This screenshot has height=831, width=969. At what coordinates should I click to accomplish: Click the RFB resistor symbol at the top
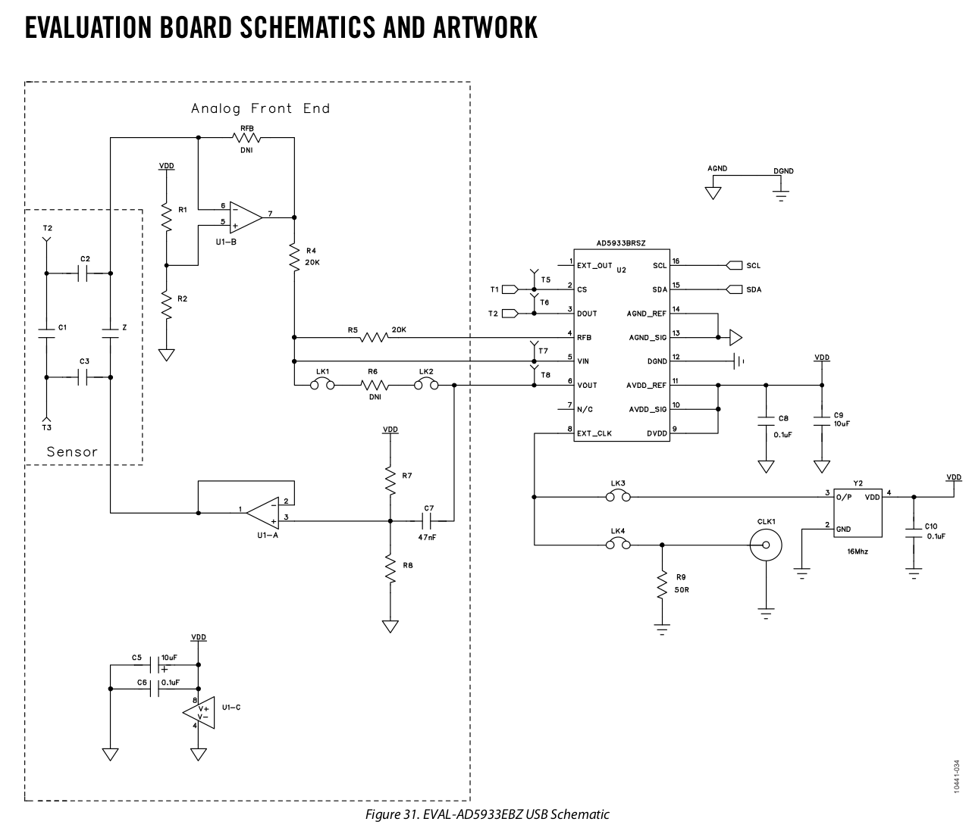pyautogui.click(x=246, y=138)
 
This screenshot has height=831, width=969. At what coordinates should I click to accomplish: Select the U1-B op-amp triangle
pyautogui.click(x=245, y=217)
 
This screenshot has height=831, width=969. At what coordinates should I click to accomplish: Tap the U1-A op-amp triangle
pyautogui.click(x=263, y=513)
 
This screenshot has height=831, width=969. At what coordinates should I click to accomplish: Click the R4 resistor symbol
pyautogui.click(x=294, y=257)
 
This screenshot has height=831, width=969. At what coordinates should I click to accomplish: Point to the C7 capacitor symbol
pyautogui.click(x=428, y=520)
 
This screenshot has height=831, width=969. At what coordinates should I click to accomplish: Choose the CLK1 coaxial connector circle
pyautogui.click(x=766, y=545)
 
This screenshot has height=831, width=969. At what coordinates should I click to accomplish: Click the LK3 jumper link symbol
pyautogui.click(x=618, y=495)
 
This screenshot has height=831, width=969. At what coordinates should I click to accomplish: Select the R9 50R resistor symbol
pyautogui.click(x=662, y=583)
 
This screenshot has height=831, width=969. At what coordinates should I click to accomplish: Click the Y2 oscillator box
pyautogui.click(x=858, y=513)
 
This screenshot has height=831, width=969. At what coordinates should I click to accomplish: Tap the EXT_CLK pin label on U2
pyautogui.click(x=594, y=433)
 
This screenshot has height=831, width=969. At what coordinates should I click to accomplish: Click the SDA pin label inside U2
pyautogui.click(x=660, y=289)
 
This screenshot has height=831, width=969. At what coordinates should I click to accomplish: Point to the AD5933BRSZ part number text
pyautogui.click(x=621, y=243)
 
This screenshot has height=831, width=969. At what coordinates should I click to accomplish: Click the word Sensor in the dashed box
pyautogui.click(x=72, y=451)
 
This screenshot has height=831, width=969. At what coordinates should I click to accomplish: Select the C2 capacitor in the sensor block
pyautogui.click(x=83, y=273)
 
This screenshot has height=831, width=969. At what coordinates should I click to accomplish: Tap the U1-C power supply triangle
pyautogui.click(x=199, y=713)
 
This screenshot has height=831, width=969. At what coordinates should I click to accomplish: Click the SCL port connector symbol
pyautogui.click(x=734, y=265)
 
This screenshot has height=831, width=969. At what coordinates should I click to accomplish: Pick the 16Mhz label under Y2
pyautogui.click(x=858, y=551)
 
